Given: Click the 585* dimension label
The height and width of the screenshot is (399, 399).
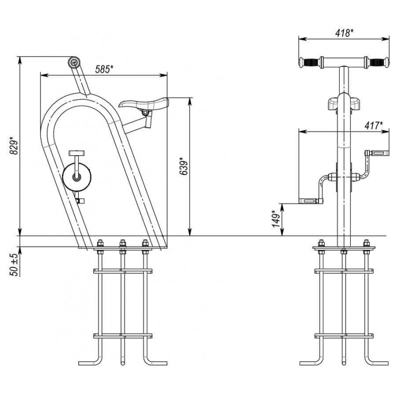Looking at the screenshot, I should [x=103, y=69].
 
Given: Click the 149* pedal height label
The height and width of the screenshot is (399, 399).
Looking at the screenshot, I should [x=275, y=218].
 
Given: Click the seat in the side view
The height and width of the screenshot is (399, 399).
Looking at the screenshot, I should [x=145, y=104].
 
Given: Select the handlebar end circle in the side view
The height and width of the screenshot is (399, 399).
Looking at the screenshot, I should [x=74, y=62].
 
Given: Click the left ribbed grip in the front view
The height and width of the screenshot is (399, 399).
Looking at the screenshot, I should [x=309, y=63].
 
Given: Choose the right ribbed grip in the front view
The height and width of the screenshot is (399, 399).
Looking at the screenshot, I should [x=378, y=63].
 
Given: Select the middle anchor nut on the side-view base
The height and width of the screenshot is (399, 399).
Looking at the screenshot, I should [x=122, y=244].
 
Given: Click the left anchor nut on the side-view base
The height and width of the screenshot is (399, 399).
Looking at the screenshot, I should [x=99, y=244].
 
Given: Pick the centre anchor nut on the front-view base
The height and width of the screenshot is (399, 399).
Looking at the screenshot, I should [x=344, y=244].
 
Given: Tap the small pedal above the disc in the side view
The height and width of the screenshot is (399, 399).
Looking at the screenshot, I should [x=77, y=153].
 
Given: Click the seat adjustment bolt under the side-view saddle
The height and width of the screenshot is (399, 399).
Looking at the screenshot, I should [x=145, y=114].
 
